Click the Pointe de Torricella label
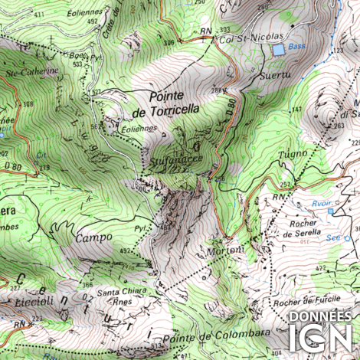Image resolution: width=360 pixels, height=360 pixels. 165,103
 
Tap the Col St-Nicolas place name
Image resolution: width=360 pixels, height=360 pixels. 251,37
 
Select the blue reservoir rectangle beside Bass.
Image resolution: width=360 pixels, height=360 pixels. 277,49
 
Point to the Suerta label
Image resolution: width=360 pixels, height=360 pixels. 276,76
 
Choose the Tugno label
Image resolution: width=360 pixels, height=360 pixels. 292,154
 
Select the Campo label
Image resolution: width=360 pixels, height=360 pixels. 93,238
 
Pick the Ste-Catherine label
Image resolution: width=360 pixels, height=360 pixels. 32,71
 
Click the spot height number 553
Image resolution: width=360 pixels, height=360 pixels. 77,64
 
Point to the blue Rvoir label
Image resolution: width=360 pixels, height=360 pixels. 322,204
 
